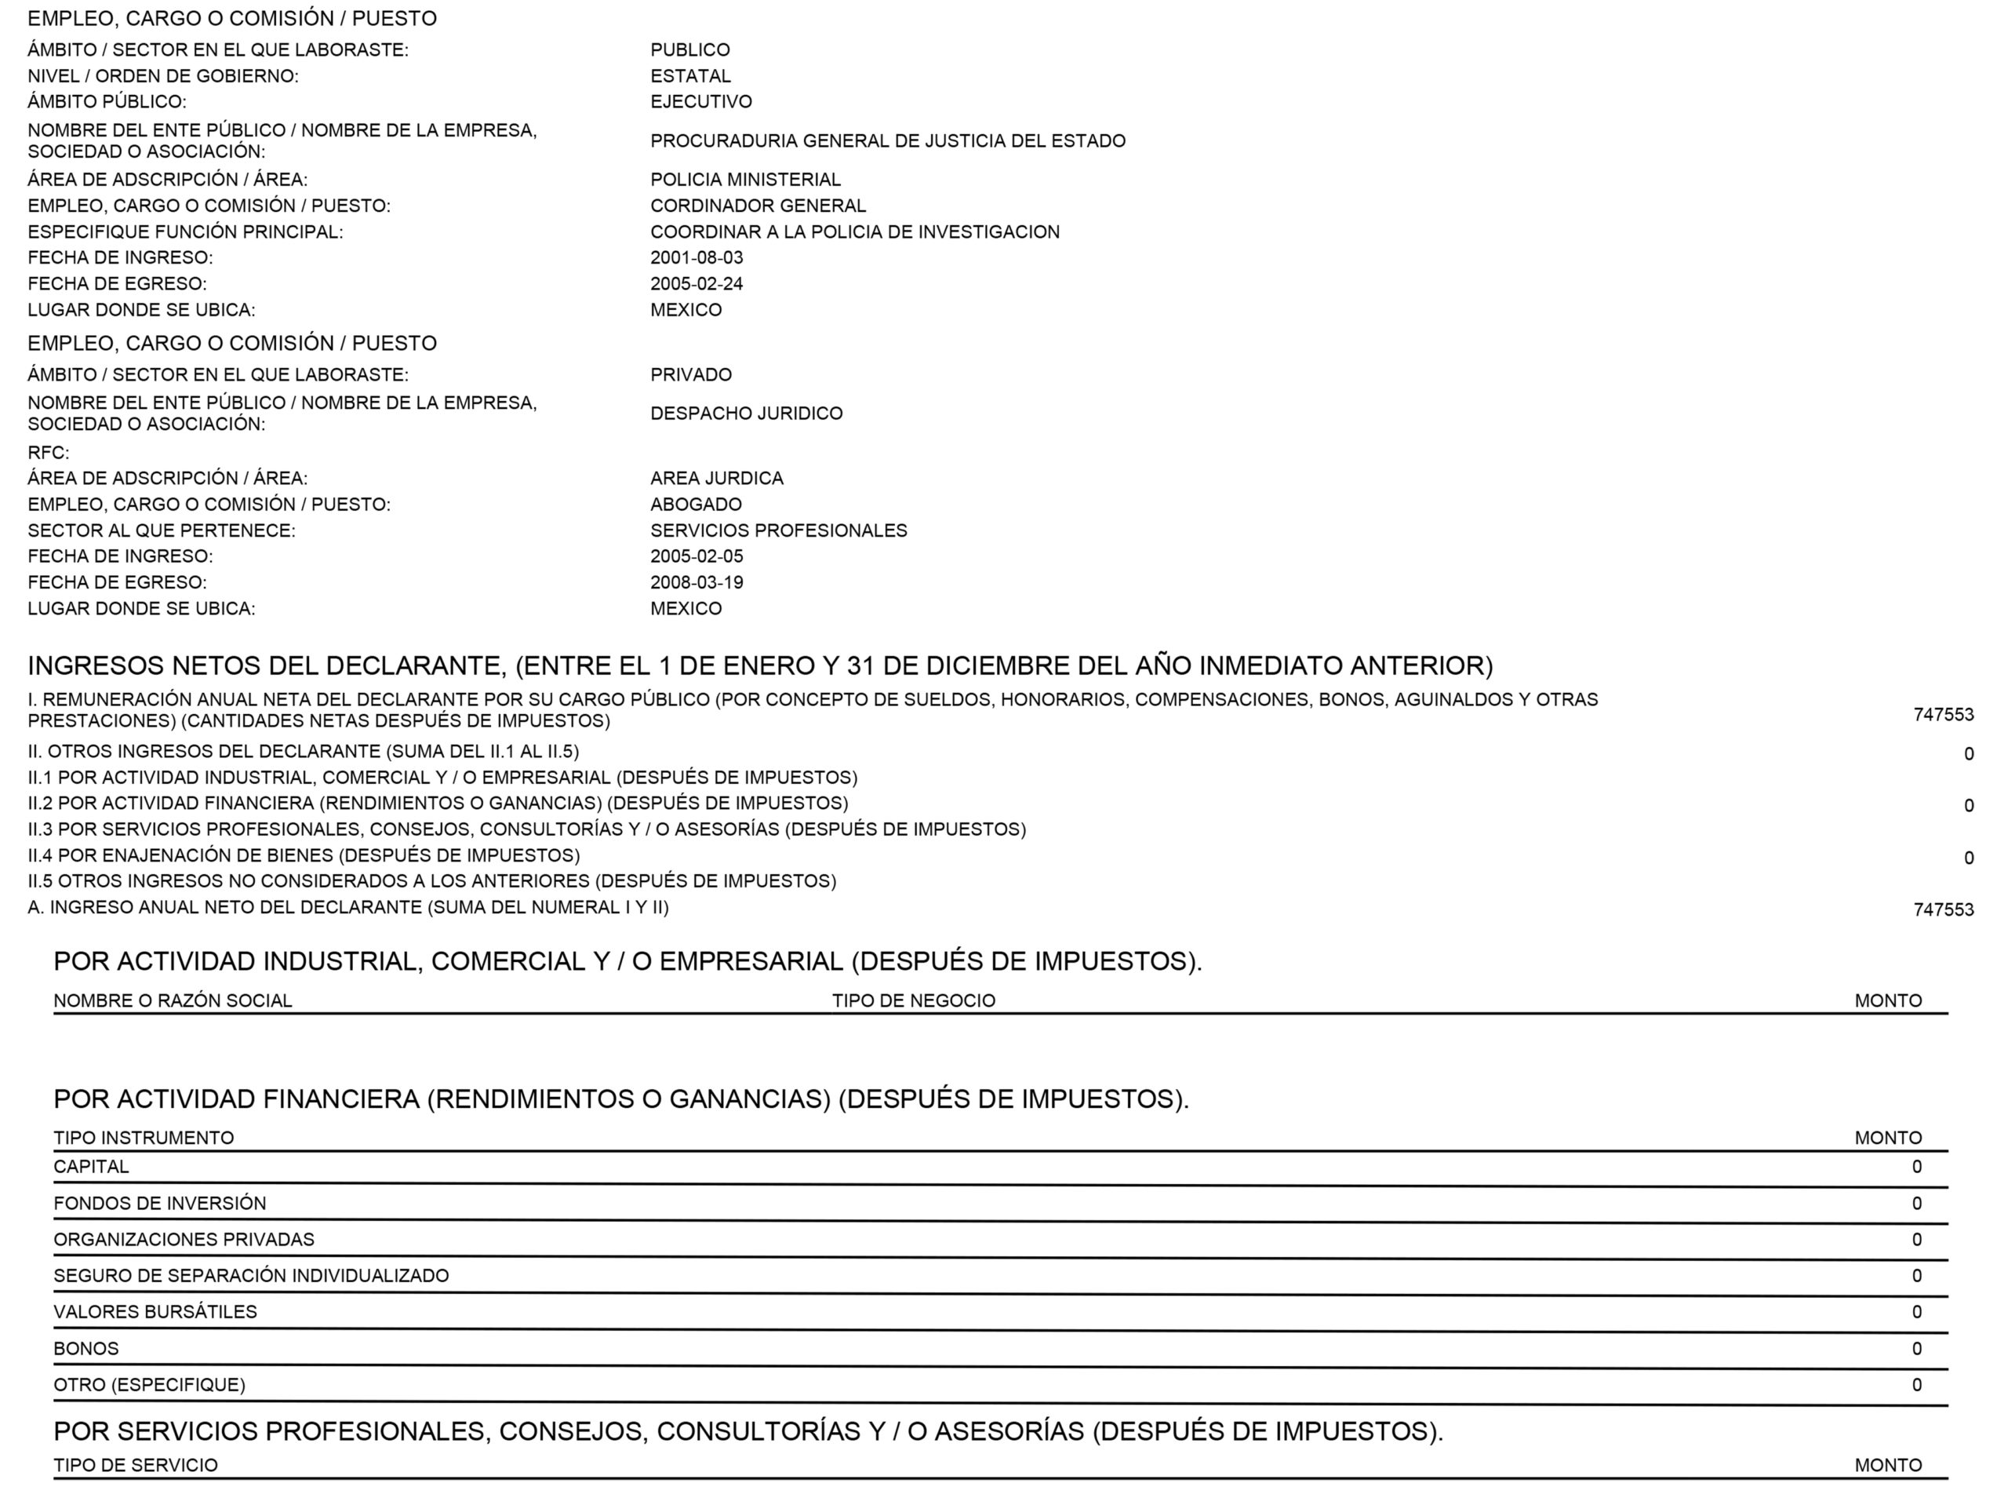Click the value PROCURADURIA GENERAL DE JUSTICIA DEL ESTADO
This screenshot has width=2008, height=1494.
pos(887,141)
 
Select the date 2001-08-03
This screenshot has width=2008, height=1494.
pos(697,257)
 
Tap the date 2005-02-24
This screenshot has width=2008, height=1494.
pos(697,284)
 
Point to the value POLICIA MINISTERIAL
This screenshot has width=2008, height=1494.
pos(745,180)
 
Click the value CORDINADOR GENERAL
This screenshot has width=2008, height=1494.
pos(758,206)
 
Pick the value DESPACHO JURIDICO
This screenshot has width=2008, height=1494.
pos(746,414)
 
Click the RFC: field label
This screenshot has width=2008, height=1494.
pos(48,453)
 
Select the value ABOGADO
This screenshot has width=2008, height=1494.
pos(695,505)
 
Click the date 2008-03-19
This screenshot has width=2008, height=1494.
pos(697,582)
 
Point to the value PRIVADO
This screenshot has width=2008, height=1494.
pos(691,374)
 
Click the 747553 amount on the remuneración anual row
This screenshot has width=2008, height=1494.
pos(1943,715)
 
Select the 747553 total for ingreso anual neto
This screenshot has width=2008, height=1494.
pos(1943,909)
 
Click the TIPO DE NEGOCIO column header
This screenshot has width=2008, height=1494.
pos(913,1001)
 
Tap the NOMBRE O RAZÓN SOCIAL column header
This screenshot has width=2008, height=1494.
pos(173,1001)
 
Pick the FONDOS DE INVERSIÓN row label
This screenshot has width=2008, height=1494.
pos(160,1204)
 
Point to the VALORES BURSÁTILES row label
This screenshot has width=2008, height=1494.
pos(155,1312)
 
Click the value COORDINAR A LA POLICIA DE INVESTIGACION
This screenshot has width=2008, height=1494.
pos(854,232)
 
